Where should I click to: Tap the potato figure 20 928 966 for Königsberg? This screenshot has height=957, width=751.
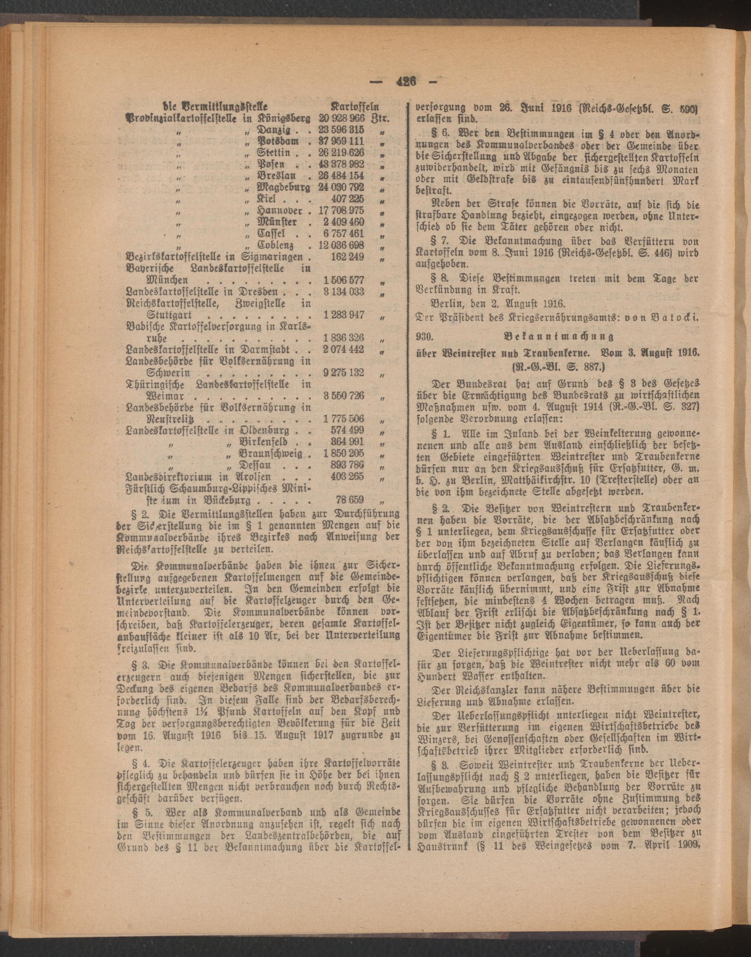point(342,119)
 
